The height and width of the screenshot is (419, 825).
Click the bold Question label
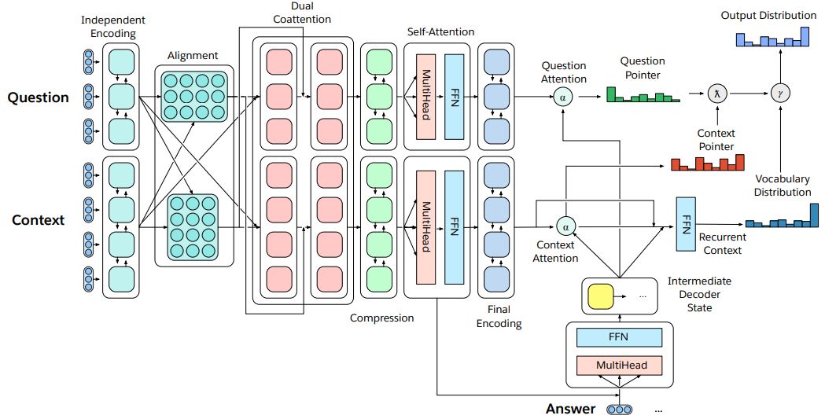point(38,97)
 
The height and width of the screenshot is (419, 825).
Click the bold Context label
point(38,220)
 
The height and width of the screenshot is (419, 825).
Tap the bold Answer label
point(570,409)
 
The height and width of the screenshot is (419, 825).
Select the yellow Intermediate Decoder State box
point(600,296)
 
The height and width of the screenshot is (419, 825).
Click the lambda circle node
point(716,94)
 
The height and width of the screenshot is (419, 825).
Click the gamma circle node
point(779,94)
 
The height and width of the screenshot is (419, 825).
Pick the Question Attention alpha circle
point(563,97)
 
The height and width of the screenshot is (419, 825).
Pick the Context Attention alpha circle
point(565,227)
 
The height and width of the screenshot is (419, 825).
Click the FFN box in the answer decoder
point(619,337)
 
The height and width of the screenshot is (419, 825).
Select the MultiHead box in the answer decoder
point(619,366)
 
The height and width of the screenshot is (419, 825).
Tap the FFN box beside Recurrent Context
point(686,224)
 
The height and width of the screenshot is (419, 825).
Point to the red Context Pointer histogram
point(708,163)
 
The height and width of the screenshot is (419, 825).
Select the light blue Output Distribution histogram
point(772,36)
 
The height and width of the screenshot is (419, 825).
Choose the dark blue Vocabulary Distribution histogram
point(782,216)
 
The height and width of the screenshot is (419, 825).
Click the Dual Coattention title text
point(302,13)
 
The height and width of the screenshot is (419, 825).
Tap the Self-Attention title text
point(441,31)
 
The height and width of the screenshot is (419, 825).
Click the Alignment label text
point(193,56)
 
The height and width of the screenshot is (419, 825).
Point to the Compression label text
point(382,318)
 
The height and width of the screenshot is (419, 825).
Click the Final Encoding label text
point(499,317)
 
